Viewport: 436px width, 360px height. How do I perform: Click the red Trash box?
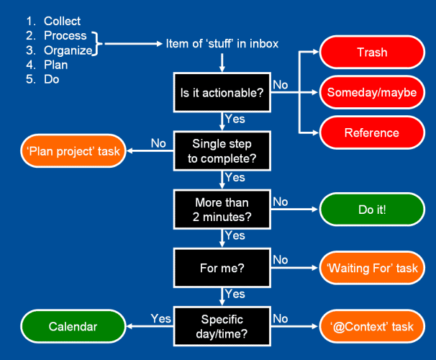coord(372,52)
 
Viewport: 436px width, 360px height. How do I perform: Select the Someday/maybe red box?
coord(372,92)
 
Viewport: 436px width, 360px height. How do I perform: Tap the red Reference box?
coord(372,132)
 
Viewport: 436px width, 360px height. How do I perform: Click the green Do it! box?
coord(372,210)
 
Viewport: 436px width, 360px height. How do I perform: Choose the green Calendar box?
coord(73,326)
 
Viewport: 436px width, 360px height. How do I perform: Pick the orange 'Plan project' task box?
coord(73,151)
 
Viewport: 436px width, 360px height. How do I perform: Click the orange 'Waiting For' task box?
coord(372,268)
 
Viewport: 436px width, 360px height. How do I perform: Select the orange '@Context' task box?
coord(372,326)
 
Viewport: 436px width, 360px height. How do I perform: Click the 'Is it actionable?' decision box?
coord(222,92)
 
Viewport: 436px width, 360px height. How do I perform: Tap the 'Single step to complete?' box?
coord(222,150)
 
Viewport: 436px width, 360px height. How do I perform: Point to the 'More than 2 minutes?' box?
coord(222,210)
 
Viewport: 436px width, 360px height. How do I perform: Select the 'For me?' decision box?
coord(222,268)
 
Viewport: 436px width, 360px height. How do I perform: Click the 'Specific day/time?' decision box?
coord(222,326)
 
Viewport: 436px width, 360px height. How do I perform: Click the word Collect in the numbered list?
coord(63,21)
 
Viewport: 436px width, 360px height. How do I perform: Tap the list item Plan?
coord(56,65)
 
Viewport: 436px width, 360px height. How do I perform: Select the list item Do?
coord(52,79)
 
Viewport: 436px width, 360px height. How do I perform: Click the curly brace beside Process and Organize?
coord(97,44)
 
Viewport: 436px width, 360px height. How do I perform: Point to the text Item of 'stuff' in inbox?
coord(222,44)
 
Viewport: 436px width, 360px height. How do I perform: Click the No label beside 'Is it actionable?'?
coord(281,85)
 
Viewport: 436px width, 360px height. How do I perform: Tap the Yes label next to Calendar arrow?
coord(160,318)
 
